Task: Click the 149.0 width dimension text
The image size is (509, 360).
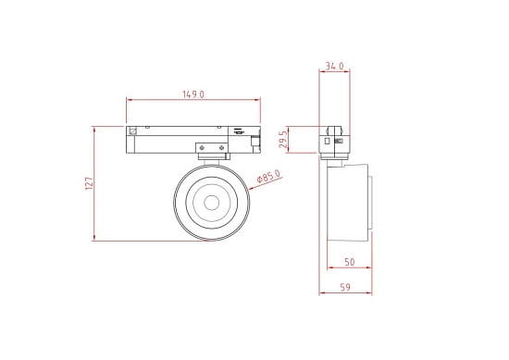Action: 194,94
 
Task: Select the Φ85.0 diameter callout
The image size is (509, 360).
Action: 267,176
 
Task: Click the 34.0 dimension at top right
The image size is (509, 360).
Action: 335,67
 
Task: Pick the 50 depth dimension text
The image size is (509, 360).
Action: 350,263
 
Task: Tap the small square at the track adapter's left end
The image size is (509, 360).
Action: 132,130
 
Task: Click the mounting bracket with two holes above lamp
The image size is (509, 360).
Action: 211,148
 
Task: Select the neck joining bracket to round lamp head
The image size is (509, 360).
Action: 210,160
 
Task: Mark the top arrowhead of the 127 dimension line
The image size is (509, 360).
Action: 95,128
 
